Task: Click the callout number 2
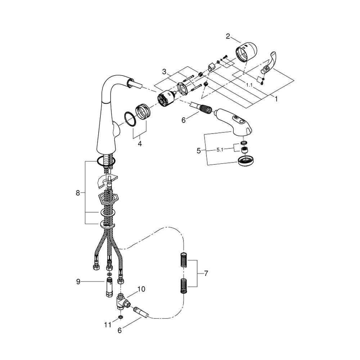coord(228,36)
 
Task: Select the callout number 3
coord(164,72)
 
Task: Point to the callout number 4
coord(140,144)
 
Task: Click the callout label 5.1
coord(220,150)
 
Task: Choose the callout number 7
coord(206,274)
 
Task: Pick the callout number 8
coord(78,193)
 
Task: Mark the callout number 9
coord(78,282)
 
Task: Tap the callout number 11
coord(108,324)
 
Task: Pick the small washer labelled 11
coord(120,317)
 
